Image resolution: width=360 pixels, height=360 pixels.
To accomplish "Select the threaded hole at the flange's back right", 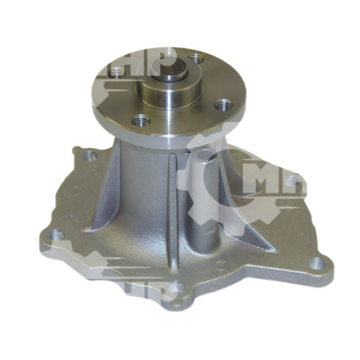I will [x=194, y=58].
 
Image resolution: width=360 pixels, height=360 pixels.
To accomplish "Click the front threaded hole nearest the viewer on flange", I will [x=142, y=122].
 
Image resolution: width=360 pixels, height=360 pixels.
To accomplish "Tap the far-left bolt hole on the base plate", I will [x=55, y=236].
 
